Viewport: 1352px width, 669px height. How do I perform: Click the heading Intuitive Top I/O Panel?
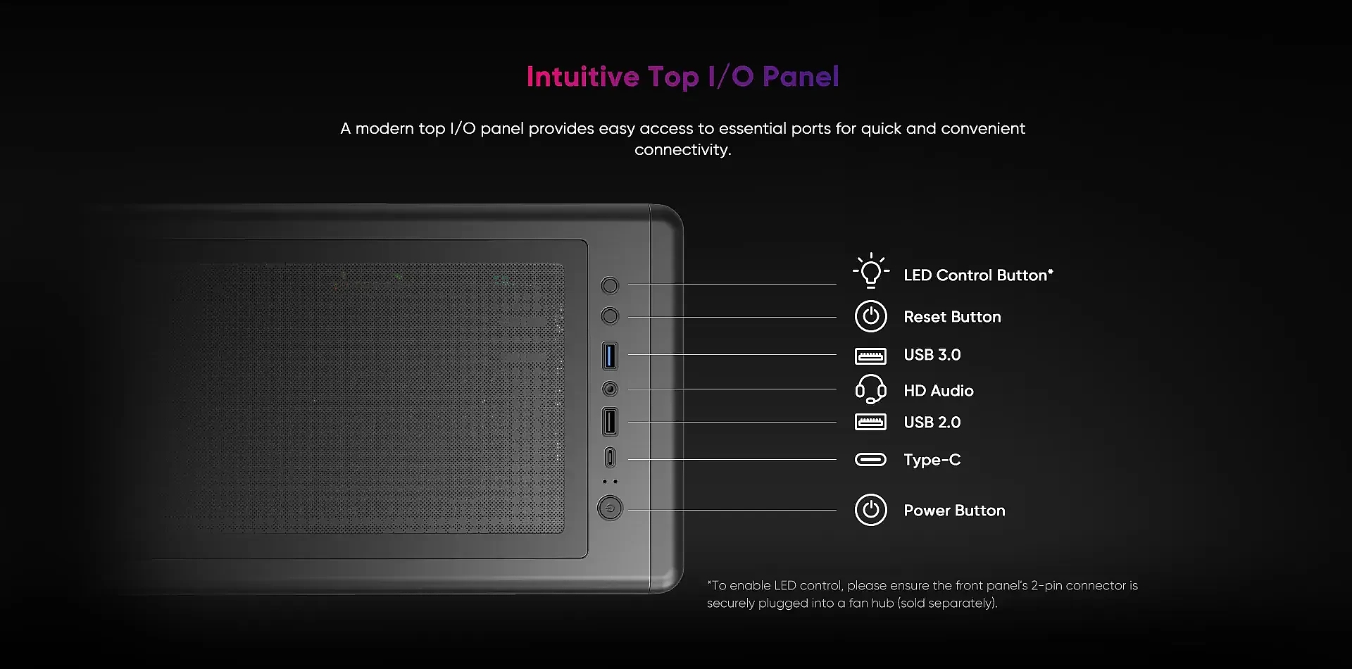(x=682, y=77)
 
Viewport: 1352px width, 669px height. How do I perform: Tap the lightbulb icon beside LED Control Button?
(x=871, y=271)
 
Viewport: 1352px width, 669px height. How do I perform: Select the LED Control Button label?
(x=978, y=275)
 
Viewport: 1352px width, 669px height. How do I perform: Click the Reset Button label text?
(x=952, y=317)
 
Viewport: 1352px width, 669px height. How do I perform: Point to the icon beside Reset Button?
(x=871, y=316)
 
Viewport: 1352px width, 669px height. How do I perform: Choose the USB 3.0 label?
(x=932, y=355)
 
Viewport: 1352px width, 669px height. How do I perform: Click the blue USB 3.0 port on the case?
(x=610, y=356)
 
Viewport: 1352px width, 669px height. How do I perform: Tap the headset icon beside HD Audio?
(x=871, y=389)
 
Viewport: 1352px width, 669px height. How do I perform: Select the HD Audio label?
(x=939, y=391)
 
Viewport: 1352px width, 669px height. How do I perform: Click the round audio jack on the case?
(x=610, y=389)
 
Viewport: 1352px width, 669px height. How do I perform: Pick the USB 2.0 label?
(x=932, y=423)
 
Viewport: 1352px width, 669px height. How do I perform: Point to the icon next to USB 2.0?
(x=871, y=422)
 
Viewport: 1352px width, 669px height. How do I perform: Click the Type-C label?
(x=932, y=460)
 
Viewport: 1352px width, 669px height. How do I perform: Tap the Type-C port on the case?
(x=610, y=458)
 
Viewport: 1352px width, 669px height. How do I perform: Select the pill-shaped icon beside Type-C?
(x=871, y=460)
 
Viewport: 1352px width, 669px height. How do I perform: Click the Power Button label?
(x=954, y=511)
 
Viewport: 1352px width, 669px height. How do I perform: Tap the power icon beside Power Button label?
(x=871, y=510)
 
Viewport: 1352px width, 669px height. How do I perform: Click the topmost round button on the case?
(x=610, y=285)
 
